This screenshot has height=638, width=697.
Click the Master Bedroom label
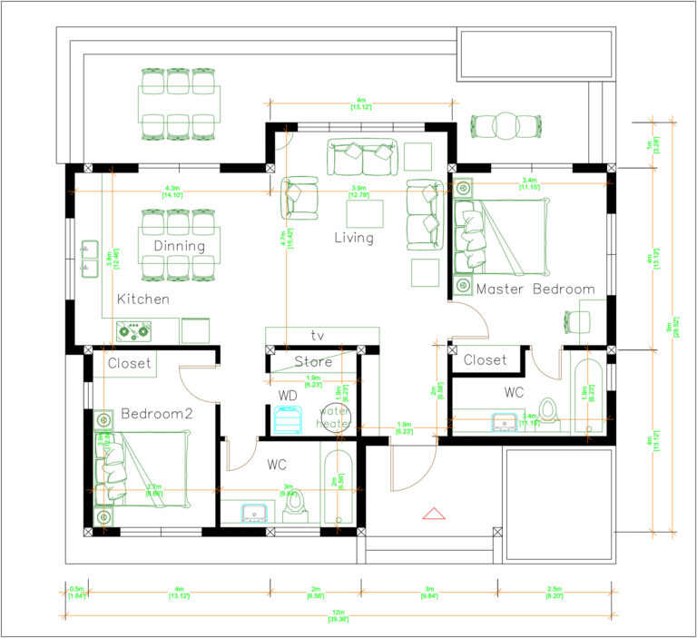tap(535, 290)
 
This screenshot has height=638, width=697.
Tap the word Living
tap(353, 238)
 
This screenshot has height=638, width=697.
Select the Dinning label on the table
tap(179, 246)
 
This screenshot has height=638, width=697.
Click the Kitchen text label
tap(142, 299)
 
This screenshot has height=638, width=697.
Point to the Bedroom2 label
tap(156, 414)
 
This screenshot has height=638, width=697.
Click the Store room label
tap(313, 362)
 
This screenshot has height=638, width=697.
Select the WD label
tap(287, 397)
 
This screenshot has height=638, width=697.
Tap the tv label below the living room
tap(318, 334)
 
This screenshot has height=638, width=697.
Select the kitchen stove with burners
tap(133, 331)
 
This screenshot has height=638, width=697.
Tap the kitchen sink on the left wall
tap(89, 258)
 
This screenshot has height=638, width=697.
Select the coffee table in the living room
tap(365, 215)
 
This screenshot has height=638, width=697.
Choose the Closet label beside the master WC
tap(485, 360)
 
